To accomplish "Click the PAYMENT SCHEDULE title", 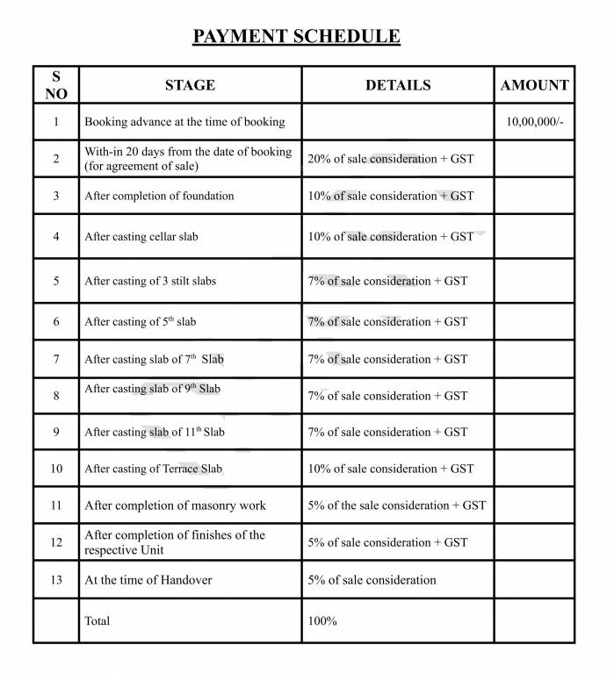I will point(297,36).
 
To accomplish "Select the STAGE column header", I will point(190,85).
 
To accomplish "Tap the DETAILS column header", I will point(398,85).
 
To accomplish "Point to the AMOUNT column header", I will point(534,85).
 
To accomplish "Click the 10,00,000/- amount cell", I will point(534,122).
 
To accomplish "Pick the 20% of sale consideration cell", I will point(390,159).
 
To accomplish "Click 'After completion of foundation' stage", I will point(159,196).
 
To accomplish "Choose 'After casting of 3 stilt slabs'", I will point(150,281).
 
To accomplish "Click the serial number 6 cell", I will point(56,322).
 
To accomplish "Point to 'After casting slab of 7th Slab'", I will point(154,359).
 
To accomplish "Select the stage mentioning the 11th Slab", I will point(155,432).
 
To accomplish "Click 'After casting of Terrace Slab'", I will point(153,469).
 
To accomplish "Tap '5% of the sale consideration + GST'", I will point(397,505).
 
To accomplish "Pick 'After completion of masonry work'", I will point(175,505).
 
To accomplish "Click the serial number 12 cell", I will point(56,542).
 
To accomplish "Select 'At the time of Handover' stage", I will point(148,579).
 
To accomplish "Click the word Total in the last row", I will point(98,620).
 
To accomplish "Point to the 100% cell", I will point(322,620).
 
